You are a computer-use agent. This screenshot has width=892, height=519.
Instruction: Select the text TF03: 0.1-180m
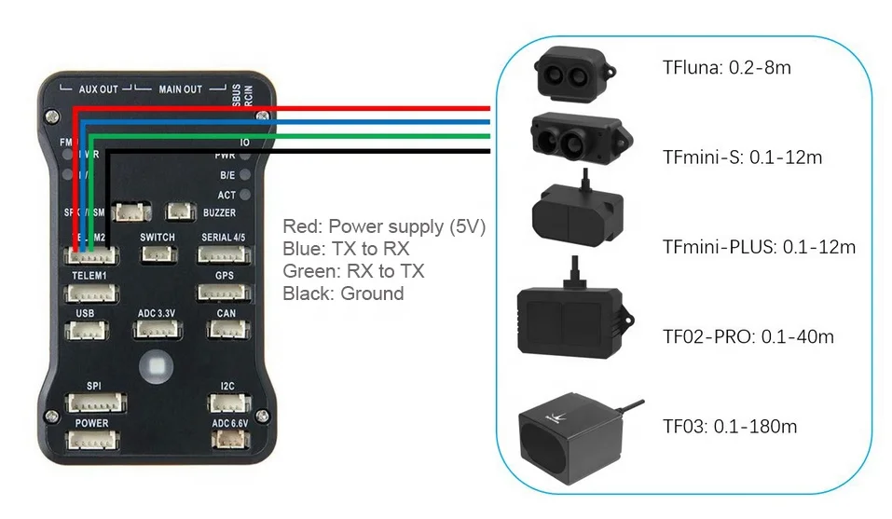730,427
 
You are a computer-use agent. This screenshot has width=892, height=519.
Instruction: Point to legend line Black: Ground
343,294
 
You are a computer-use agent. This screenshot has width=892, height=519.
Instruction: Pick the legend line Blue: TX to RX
346,250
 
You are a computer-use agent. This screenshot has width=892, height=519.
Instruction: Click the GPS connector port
224,293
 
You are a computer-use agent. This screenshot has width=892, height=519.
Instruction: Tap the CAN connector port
226,330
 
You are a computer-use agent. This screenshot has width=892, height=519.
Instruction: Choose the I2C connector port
229,403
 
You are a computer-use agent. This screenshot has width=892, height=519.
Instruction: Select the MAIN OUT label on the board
180,89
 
